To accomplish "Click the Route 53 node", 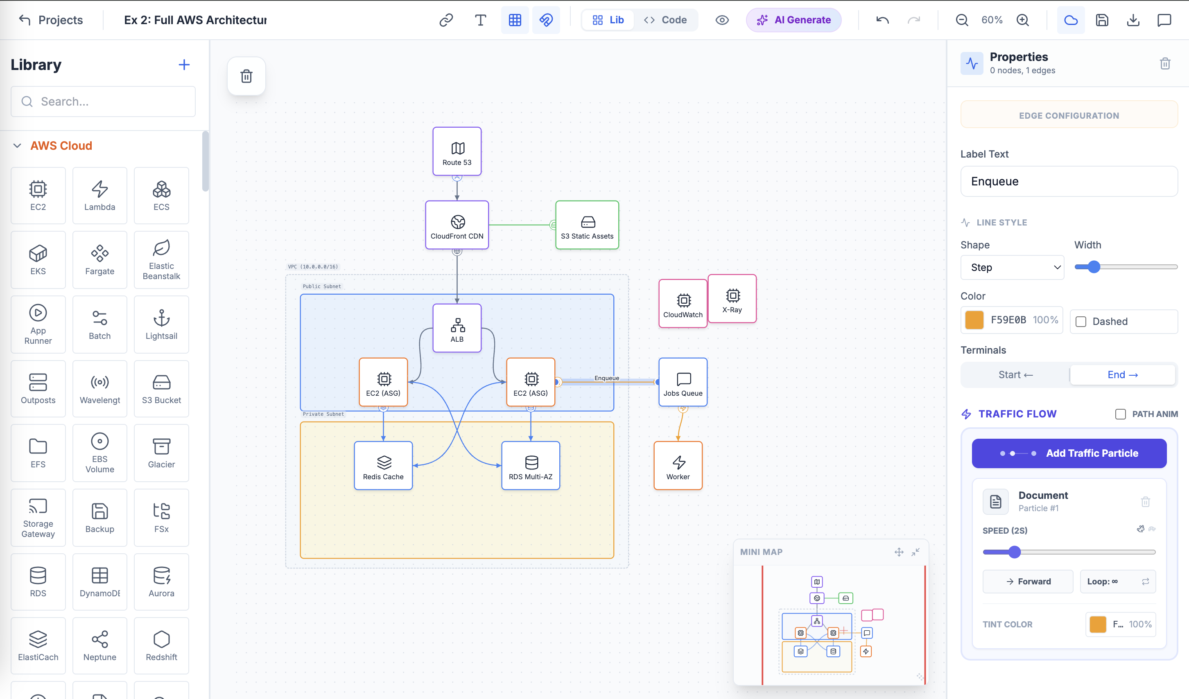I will [457, 151].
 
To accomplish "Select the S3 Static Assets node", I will [587, 225].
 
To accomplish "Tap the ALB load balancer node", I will [457, 328].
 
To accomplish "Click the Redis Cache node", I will [383, 466].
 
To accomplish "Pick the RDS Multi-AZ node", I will [530, 466].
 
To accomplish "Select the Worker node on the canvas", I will [678, 466].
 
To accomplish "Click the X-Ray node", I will [732, 299].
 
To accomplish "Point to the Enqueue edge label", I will [607, 378].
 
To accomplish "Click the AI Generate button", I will [793, 20].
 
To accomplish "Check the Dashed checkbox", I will [1081, 322].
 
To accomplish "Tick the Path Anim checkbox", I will [1121, 414].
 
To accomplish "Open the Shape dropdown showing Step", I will [1012, 267].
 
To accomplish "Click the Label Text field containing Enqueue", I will [1069, 182].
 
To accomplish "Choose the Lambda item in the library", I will [99, 195].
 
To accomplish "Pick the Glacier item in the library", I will [161, 453].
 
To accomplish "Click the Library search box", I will [103, 101].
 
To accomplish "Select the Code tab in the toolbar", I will [666, 20].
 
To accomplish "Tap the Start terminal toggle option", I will [1015, 374].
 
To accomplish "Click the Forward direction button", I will [1028, 582].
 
